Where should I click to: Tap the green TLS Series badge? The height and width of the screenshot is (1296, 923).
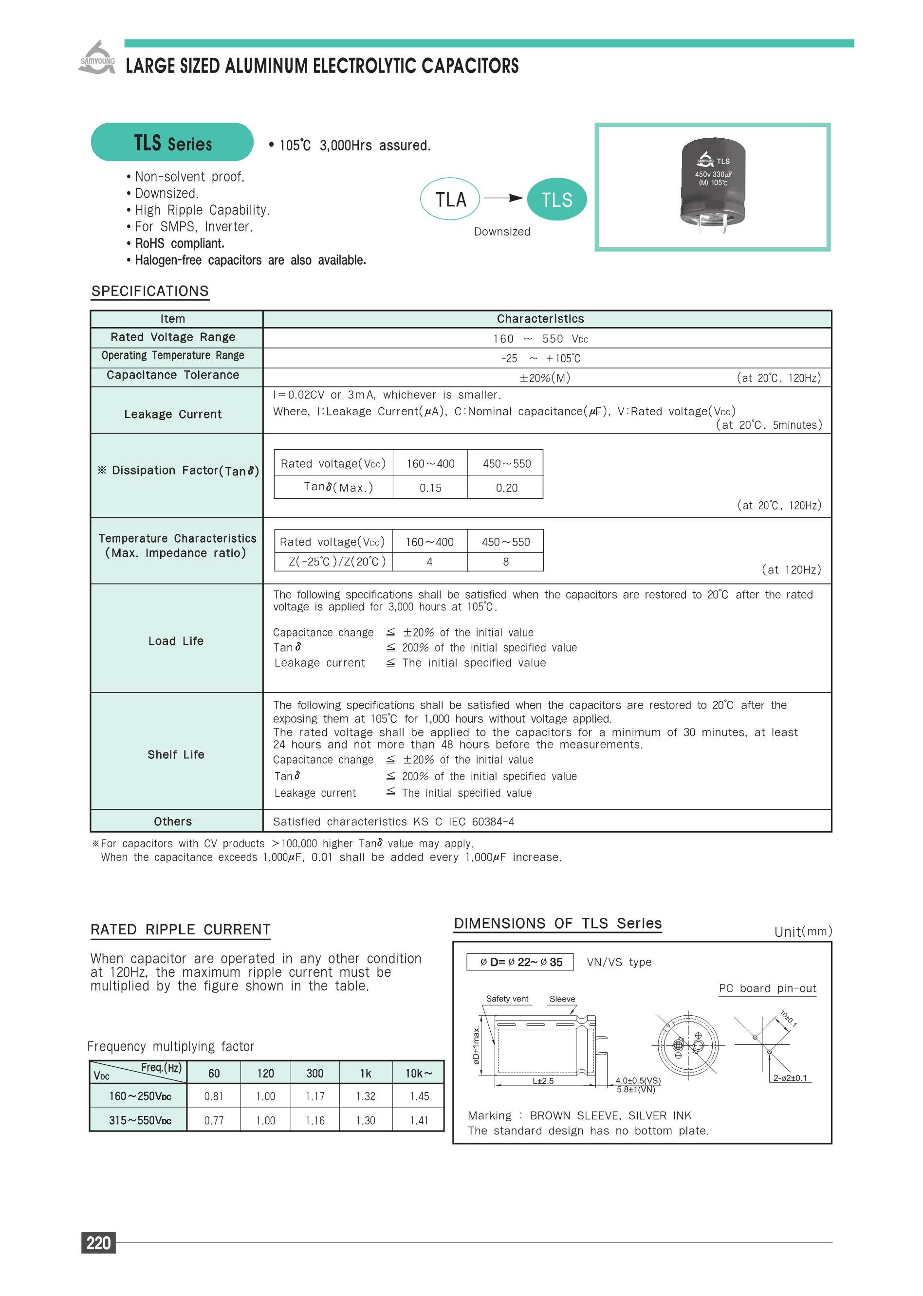(172, 142)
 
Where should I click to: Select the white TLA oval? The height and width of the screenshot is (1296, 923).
(450, 200)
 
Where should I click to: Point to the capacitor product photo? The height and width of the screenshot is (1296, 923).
(713, 186)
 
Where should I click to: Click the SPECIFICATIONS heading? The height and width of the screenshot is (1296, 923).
(150, 291)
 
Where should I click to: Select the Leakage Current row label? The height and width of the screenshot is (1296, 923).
(173, 414)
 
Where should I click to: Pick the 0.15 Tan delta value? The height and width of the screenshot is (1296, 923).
(430, 488)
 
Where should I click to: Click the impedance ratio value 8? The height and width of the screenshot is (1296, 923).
(506, 561)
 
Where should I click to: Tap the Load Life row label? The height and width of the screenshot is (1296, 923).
(176, 641)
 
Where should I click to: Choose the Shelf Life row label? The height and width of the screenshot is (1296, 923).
(176, 754)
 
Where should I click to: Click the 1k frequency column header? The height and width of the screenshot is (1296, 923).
(366, 1073)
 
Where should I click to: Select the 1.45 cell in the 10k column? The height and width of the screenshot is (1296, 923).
(419, 1096)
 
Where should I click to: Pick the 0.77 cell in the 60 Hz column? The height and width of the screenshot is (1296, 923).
(214, 1120)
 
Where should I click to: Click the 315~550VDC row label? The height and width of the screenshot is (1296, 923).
(140, 1120)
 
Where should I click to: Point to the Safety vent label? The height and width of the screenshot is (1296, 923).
(507, 999)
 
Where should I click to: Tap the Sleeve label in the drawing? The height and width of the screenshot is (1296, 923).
(562, 999)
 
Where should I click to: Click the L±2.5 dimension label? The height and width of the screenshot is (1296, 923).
(543, 1081)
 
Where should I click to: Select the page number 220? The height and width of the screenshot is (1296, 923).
(98, 1243)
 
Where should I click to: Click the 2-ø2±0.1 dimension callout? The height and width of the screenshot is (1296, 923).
(790, 1078)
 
